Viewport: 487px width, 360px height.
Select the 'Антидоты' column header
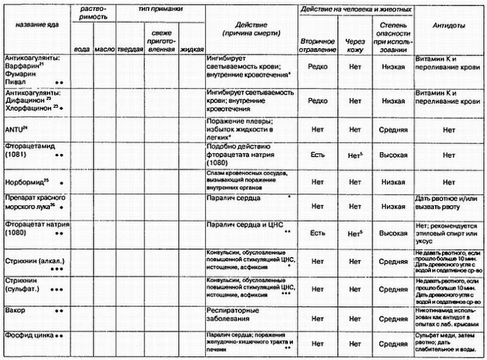pyautogui.click(x=450, y=27)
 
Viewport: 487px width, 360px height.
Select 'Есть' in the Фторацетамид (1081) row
pyautogui.click(x=317, y=156)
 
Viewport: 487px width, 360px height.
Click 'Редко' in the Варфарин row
pyautogui.click(x=317, y=66)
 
